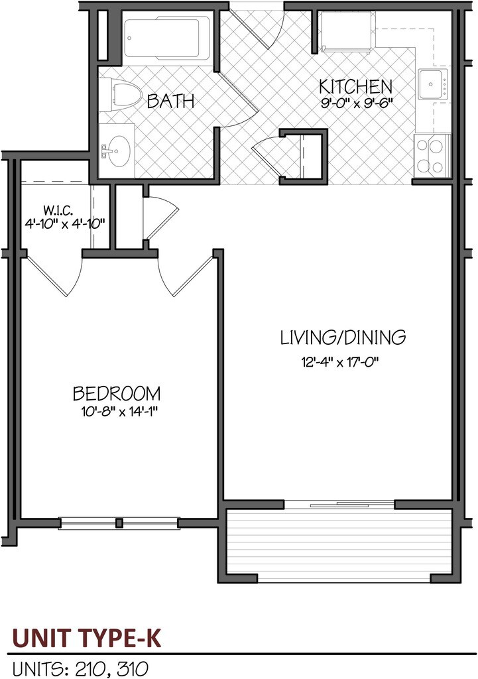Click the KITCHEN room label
pyautogui.click(x=355, y=86)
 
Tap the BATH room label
pyautogui.click(x=170, y=101)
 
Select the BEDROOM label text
pyautogui.click(x=117, y=393)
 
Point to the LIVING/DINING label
pyautogui.click(x=342, y=338)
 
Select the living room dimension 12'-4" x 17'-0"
pyautogui.click(x=342, y=362)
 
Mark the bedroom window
pyautogui.click(x=119, y=523)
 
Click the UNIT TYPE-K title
pyautogui.click(x=86, y=639)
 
